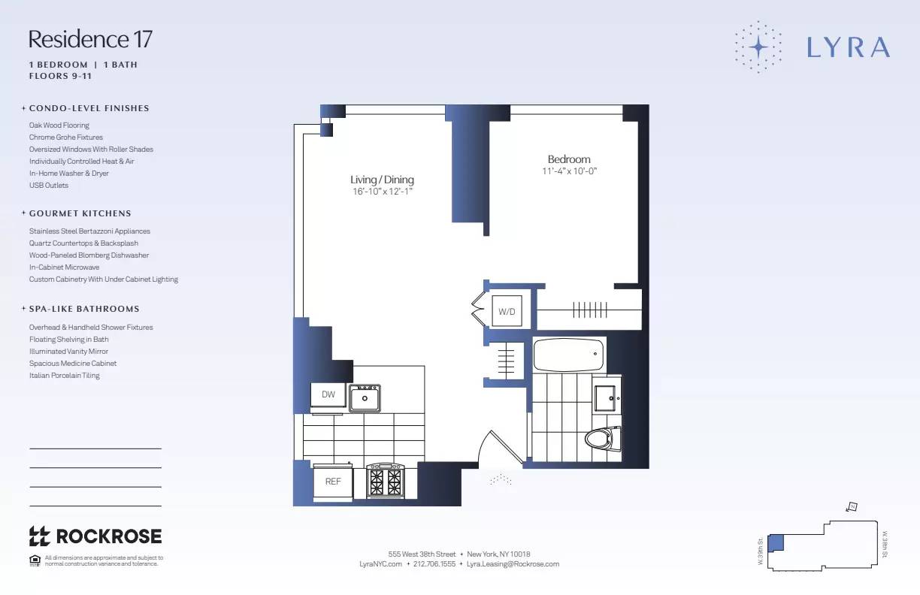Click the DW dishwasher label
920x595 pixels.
tap(328, 394)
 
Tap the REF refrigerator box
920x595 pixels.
tap(332, 482)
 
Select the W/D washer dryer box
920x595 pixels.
tap(507, 311)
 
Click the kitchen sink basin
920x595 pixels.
tap(365, 397)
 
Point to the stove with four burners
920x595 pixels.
tap(386, 480)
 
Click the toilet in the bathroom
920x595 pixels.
tap(604, 439)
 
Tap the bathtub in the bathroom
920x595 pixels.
tap(569, 355)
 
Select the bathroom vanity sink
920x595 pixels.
tap(606, 398)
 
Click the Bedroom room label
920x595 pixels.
tap(569, 159)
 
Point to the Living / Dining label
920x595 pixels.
tap(382, 180)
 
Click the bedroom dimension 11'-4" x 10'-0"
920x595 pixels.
tap(569, 171)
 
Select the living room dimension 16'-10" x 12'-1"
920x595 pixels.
tap(382, 192)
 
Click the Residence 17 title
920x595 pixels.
tap(90, 39)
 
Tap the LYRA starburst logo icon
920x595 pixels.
tap(758, 47)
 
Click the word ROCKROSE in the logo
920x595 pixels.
tap(109, 536)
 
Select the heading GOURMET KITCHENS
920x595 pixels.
tap(80, 213)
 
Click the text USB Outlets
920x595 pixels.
tap(49, 186)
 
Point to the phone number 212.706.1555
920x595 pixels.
tap(434, 563)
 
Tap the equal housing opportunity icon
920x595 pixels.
tap(35, 560)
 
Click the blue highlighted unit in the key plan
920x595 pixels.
tap(776, 542)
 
